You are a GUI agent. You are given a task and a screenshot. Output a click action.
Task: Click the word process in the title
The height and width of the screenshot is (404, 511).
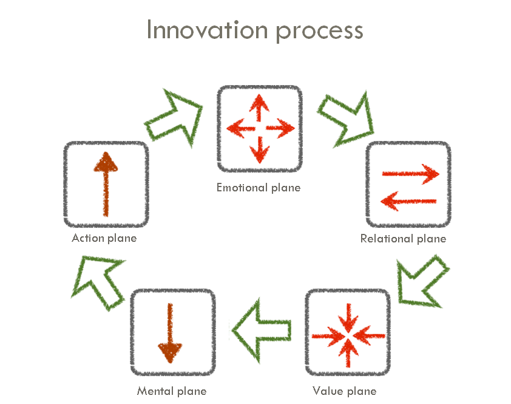pyautogui.click(x=320, y=31)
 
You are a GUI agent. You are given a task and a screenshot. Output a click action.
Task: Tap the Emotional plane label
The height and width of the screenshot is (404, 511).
pyautogui.click(x=259, y=188)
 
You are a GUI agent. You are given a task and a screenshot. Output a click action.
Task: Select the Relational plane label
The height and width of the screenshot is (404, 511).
pyautogui.click(x=403, y=239)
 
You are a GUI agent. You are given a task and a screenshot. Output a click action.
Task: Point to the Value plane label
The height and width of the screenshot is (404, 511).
pyautogui.click(x=344, y=391)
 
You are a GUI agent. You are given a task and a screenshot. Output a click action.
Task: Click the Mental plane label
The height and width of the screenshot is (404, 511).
pyautogui.click(x=172, y=391)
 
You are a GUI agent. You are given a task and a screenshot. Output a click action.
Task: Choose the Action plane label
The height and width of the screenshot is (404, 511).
pyautogui.click(x=104, y=238)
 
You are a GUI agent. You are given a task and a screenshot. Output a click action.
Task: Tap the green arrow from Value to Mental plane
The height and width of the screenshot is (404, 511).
pyautogui.click(x=261, y=331)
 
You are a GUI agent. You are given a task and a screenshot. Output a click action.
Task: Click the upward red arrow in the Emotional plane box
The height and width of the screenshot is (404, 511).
pyautogui.click(x=260, y=108)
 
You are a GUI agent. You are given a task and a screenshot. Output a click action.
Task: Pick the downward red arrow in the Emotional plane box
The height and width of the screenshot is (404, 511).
pyautogui.click(x=260, y=149)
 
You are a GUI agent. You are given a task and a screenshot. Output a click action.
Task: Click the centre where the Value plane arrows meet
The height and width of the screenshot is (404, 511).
pyautogui.click(x=348, y=335)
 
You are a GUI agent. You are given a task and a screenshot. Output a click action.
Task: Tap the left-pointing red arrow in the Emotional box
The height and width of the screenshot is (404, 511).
pyautogui.click(x=238, y=129)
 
